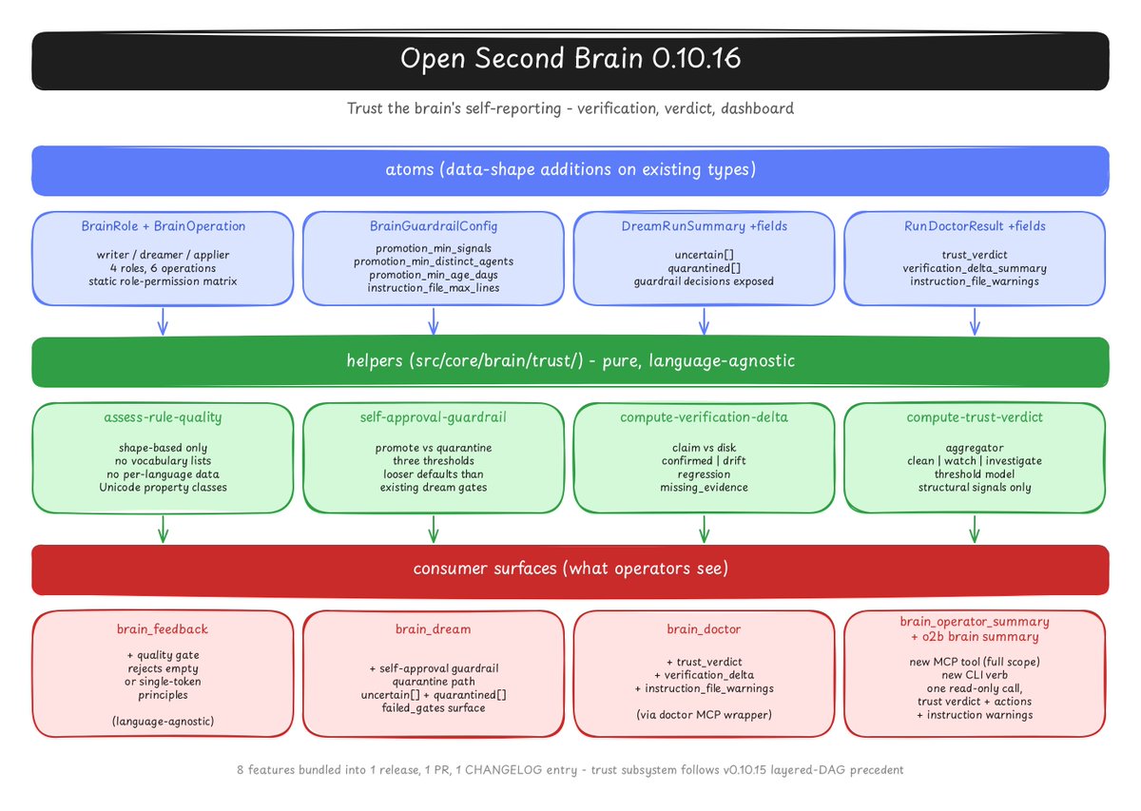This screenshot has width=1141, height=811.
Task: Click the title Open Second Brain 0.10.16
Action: tap(570, 58)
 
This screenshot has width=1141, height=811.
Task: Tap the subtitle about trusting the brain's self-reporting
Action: tap(570, 108)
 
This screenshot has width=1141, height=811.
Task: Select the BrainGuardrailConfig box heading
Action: tap(434, 226)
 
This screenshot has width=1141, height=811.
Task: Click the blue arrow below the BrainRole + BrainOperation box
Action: tap(163, 321)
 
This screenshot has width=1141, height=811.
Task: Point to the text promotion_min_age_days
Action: tap(434, 275)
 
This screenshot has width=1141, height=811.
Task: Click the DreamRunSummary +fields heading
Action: tap(704, 226)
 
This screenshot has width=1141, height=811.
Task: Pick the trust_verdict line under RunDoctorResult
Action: tap(975, 255)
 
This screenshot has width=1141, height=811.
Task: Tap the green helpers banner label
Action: tap(570, 361)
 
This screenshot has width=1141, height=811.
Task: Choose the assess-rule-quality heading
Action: tap(163, 417)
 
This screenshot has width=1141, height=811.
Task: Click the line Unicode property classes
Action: tap(163, 488)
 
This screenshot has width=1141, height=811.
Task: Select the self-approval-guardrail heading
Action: tap(434, 417)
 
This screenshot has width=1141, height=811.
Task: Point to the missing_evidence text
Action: tap(704, 488)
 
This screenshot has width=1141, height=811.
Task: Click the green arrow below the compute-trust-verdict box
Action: tap(975, 530)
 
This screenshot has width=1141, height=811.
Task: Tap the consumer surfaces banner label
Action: tap(570, 569)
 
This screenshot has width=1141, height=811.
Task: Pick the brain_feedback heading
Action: tap(163, 629)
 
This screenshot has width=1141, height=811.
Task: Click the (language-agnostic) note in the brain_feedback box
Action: tap(163, 722)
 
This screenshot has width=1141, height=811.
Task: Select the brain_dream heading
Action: tap(434, 629)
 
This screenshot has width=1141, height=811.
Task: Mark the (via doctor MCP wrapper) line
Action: tap(704, 715)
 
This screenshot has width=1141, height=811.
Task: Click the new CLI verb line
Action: tap(975, 675)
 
